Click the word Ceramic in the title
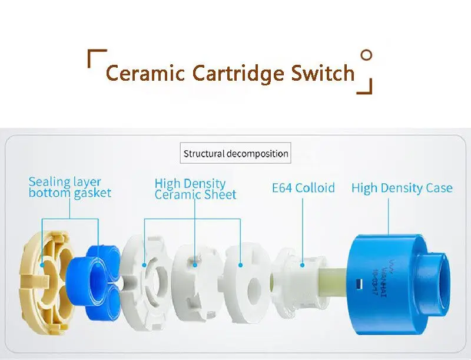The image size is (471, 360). coord(145,74)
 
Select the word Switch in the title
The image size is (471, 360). coord(323,74)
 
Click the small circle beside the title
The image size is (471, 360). coord(366,56)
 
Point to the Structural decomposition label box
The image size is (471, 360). coord(235,154)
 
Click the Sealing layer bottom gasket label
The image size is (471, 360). coord(69,187)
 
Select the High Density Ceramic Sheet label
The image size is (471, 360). coord(195,189)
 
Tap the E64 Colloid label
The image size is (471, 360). coord(303,188)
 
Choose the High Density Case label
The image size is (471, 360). coord(402,188)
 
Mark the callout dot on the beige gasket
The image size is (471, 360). coord(42,266)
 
